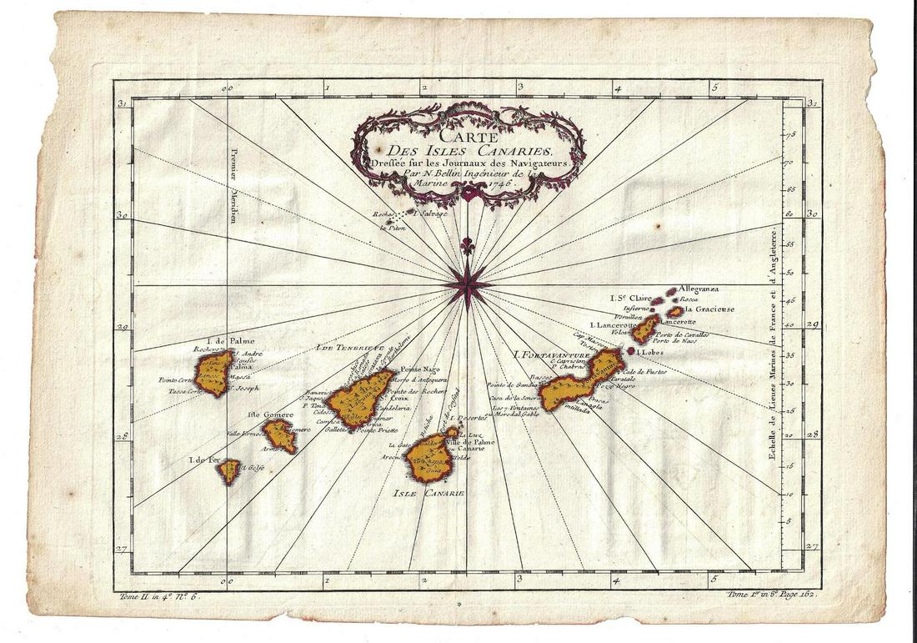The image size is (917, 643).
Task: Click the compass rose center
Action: tap(469, 285)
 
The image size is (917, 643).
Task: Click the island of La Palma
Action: tap(213, 373)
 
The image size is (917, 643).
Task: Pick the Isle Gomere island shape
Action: tap(279, 435)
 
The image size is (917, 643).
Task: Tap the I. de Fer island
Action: tap(228, 471)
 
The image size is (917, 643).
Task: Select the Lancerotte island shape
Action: tap(644, 329)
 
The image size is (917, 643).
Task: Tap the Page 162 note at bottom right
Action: tap(791, 595)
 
